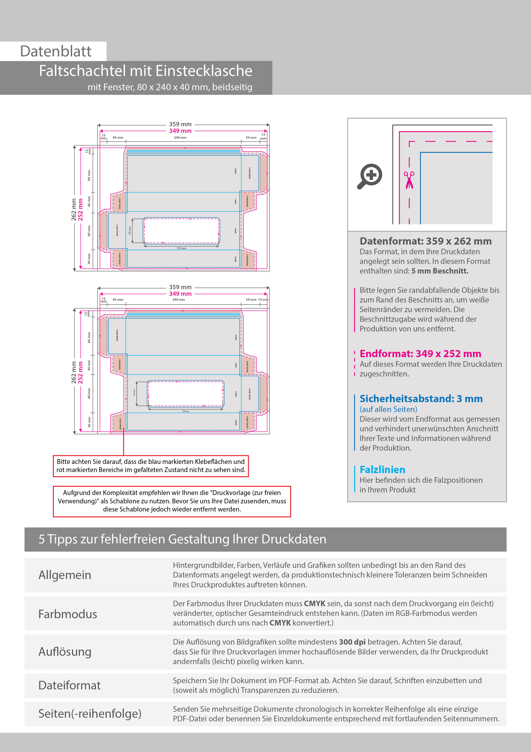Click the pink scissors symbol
(409, 180)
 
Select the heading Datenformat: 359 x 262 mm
(425, 241)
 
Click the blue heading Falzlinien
(382, 470)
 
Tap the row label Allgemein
(65, 575)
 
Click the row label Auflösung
(65, 652)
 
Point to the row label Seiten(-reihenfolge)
(90, 713)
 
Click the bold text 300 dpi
(352, 642)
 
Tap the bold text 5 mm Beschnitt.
(440, 271)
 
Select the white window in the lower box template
(185, 393)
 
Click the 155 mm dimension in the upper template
(181, 248)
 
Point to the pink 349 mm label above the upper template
(180, 131)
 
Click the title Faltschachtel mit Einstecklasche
(146, 71)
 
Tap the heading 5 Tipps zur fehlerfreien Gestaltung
(182, 539)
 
